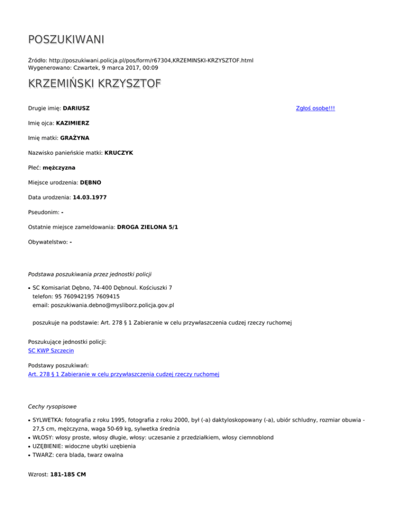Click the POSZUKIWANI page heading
66,40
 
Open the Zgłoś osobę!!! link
315,108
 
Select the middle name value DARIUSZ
80,108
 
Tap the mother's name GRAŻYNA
82,138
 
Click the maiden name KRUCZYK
118,153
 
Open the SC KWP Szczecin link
51,351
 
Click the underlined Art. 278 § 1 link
123,375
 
